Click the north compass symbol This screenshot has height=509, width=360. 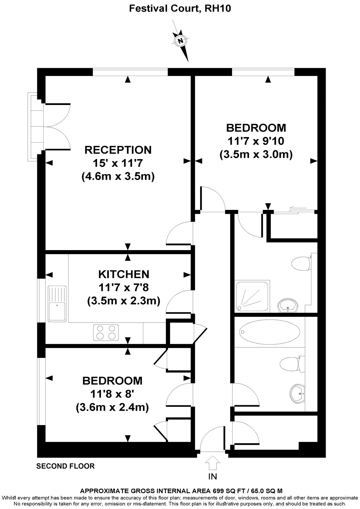click(181, 41)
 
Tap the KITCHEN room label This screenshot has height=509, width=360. click(124, 274)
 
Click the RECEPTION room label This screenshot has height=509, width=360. click(118, 150)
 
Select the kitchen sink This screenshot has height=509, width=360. click(57, 303)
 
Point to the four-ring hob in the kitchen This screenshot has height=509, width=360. click(106, 332)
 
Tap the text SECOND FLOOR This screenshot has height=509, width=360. click(66, 466)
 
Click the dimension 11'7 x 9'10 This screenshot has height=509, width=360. click(256, 141)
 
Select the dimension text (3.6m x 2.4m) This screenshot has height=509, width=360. click(112, 407)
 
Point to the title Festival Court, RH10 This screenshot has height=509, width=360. click(180, 9)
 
